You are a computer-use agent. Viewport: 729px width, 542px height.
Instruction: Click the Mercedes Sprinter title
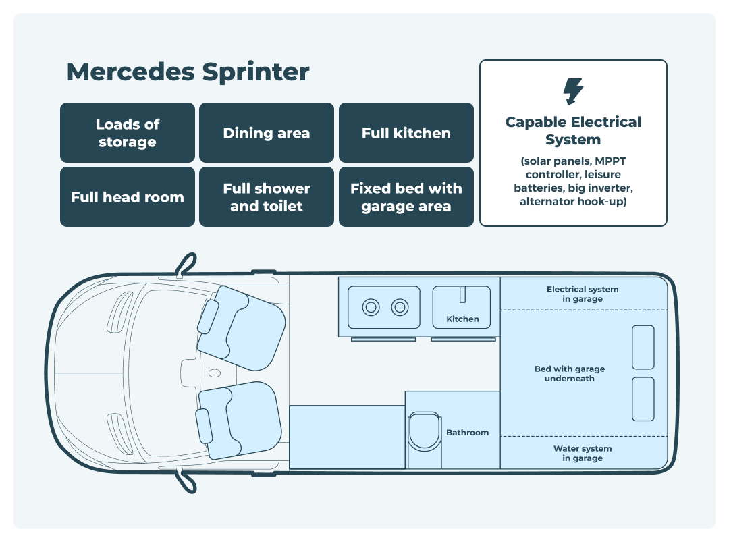point(188,72)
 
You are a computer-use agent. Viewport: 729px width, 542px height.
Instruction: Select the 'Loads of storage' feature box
point(128,133)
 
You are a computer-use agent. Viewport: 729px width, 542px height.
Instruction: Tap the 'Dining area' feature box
point(267,133)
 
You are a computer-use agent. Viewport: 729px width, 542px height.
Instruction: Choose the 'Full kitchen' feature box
point(406,133)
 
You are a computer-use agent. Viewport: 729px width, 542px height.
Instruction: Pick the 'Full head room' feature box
point(128,197)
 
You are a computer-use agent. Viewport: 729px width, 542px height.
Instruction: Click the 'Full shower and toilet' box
point(267,197)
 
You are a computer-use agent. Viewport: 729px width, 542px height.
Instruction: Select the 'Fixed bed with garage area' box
point(406,197)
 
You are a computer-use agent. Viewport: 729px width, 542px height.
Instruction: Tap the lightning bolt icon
point(573,92)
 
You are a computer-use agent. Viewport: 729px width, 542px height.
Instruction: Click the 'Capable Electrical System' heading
point(573,131)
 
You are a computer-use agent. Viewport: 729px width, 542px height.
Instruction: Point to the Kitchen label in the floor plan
point(462,319)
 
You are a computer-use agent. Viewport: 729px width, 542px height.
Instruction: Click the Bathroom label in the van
point(467,433)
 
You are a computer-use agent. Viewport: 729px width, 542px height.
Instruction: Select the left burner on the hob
point(371,308)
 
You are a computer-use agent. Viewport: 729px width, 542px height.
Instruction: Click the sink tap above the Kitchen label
point(463,295)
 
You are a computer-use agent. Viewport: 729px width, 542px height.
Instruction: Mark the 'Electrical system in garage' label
point(583,294)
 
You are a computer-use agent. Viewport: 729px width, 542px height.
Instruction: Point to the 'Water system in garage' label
point(583,453)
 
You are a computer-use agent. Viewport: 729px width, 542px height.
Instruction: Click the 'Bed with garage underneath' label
point(569,374)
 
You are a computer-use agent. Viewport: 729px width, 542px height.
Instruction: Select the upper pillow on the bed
point(643,347)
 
